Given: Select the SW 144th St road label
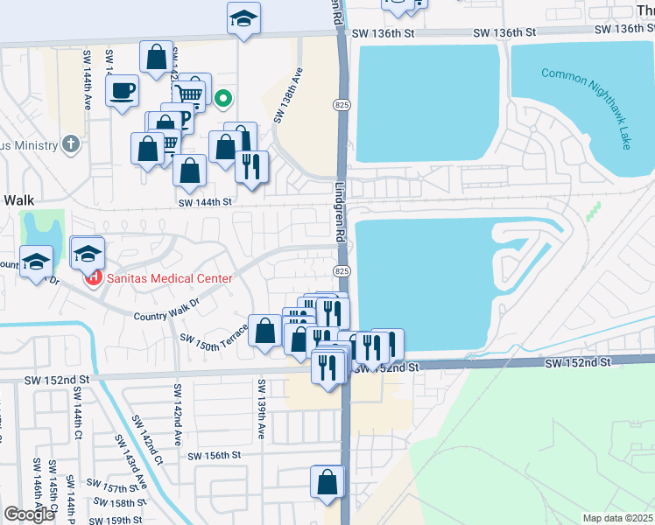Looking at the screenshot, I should pos(207,201).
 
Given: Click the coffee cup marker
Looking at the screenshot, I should pos(123,89).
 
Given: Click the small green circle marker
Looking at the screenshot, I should pos(223,98).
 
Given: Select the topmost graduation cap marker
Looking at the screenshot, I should pos(244,17).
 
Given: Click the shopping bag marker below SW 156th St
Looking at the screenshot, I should pos(327,481).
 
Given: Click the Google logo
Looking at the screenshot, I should pos(29,514).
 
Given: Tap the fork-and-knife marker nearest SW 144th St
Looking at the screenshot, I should pos(252,165).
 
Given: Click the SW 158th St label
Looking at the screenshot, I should pos(116,503).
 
